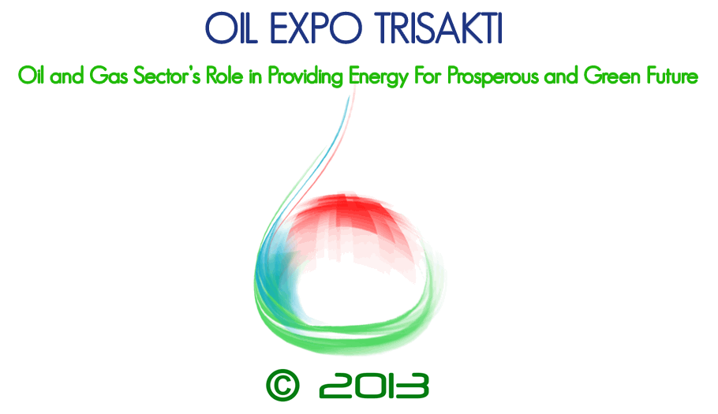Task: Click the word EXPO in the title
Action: (316, 28)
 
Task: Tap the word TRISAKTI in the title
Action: (439, 28)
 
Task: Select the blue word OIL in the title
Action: (231, 28)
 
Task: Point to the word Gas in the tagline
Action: (109, 76)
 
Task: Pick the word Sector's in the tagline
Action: (166, 76)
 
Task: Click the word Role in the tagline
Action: (224, 76)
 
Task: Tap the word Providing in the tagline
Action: (305, 76)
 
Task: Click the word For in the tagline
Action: (428, 76)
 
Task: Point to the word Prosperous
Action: (492, 76)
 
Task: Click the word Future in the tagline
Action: (672, 76)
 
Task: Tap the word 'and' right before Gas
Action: (67, 76)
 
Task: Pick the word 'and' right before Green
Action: (561, 76)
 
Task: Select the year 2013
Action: (374, 385)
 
